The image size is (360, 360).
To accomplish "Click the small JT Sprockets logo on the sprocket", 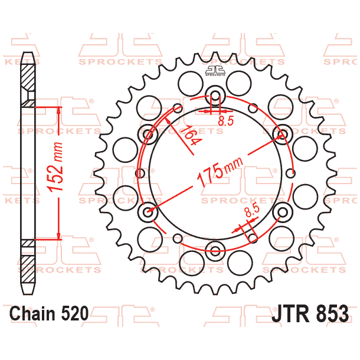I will coord(215,71).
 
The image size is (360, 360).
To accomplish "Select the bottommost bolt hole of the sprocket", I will coord(216,252).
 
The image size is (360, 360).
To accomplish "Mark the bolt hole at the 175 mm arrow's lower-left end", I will coord(148,212).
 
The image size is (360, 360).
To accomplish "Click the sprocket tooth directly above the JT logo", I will coord(215,57).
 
